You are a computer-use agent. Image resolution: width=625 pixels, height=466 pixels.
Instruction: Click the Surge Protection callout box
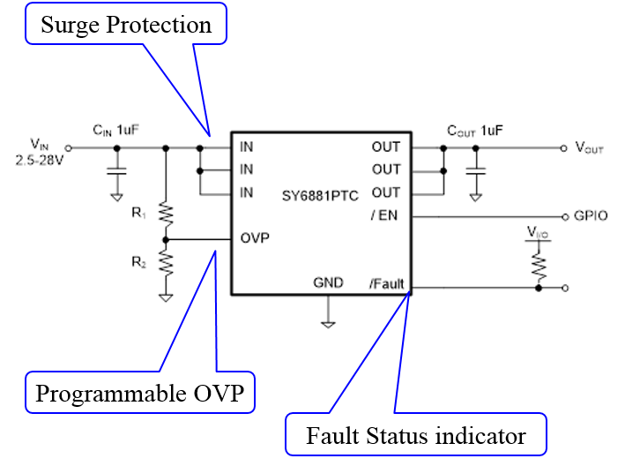(126, 24)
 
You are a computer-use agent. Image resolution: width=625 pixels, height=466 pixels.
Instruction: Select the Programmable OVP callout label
(140, 393)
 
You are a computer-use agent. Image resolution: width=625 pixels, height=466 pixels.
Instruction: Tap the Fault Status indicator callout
(416, 434)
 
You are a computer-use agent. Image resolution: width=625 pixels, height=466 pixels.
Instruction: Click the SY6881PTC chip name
(320, 196)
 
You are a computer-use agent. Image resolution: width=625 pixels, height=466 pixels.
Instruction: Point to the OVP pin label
(255, 238)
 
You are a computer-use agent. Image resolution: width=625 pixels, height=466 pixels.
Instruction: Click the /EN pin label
(384, 215)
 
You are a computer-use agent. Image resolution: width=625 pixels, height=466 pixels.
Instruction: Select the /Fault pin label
(387, 283)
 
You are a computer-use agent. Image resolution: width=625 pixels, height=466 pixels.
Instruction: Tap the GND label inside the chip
(328, 282)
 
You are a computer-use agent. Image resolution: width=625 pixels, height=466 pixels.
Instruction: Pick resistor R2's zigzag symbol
(166, 263)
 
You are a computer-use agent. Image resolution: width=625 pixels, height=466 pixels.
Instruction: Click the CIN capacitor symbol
(116, 170)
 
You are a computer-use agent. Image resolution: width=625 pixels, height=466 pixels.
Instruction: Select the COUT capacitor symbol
(475, 170)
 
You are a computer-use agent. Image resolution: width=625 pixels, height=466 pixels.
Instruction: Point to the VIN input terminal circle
(68, 148)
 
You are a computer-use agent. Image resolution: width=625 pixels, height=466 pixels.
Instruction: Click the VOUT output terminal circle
(563, 148)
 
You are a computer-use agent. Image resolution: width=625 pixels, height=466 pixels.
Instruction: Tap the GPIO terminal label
(591, 216)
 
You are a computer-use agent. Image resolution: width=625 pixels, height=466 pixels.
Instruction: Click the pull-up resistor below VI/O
(539, 267)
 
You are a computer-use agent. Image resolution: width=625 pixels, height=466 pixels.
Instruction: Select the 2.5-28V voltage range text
(40, 161)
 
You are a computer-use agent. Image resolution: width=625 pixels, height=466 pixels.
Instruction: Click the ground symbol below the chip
(328, 324)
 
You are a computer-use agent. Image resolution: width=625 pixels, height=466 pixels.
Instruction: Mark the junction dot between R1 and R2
(166, 239)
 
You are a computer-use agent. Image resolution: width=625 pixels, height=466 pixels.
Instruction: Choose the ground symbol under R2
(166, 297)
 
